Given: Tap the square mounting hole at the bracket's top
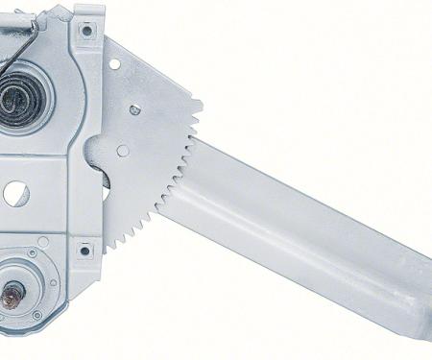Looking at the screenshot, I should pos(86,31).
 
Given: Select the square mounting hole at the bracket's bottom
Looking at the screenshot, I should pos(84,252).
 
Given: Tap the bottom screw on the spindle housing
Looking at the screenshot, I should pos(36,315).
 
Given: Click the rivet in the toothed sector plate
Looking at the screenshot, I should pos(135,110).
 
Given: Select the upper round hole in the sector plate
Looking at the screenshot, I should pos(114,64).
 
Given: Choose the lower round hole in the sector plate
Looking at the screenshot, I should pos(123,151).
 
